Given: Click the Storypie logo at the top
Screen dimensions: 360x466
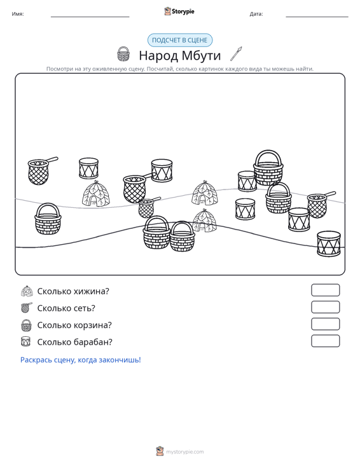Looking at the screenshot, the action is pos(179,11).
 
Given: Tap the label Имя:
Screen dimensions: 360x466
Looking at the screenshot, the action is pos(18,14).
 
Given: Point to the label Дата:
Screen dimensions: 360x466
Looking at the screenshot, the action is pos(256,14).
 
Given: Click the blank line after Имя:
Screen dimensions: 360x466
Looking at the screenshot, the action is pos(90,17).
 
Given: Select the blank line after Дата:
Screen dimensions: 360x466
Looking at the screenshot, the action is pos(317,17).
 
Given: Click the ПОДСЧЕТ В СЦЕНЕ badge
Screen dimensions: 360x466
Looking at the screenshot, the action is pos(180,40).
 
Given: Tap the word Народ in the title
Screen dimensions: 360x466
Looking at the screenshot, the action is pos(158,55).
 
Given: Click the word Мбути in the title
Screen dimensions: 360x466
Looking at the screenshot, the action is pos(201,55).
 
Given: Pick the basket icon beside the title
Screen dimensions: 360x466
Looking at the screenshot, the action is pos(123,54).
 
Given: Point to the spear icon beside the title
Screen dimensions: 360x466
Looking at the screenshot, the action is pos(237,54).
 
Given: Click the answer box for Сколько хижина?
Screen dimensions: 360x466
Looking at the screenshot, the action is pos(326,290).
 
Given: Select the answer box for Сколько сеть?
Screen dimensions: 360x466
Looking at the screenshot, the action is pos(326,307).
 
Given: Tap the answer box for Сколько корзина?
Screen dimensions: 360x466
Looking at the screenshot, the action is pos(326,324).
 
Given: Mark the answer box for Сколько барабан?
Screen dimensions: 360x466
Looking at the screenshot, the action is pos(326,341).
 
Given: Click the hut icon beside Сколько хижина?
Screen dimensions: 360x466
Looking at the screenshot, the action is pos(27,291).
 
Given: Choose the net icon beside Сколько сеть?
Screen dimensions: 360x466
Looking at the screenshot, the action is pos(27,308).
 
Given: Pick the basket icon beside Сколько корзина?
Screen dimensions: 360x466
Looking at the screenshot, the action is pos(27,325).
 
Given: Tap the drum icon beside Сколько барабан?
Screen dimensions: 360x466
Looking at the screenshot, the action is pos(26,341).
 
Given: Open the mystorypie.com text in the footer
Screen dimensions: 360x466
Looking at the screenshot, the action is pos(185,452).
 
